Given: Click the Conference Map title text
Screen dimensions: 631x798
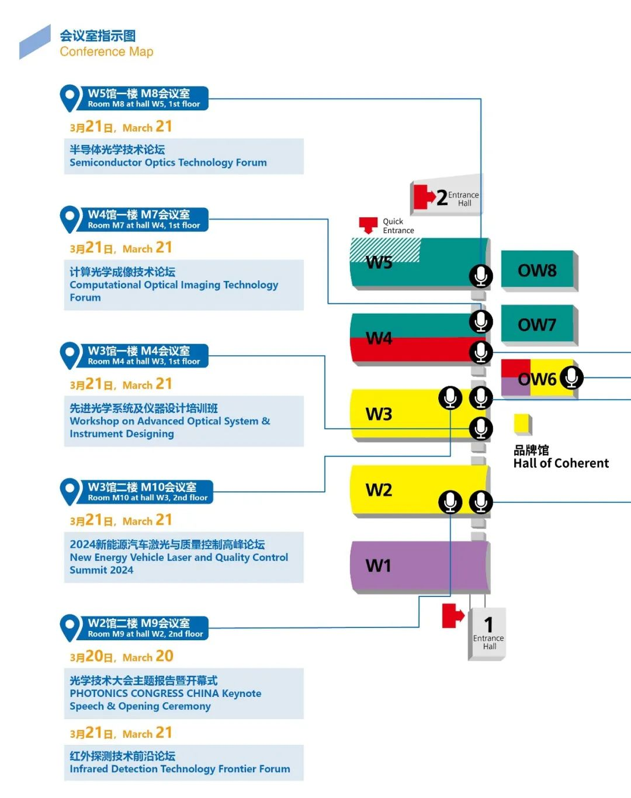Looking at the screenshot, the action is tap(106, 51).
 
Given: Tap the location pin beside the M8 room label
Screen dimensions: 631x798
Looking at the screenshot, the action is tap(70, 98).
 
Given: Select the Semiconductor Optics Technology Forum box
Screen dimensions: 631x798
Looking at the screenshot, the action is tap(184, 156).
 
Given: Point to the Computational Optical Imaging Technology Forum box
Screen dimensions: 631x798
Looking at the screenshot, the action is tap(184, 284).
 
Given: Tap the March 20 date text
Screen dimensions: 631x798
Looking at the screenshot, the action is tap(122, 657).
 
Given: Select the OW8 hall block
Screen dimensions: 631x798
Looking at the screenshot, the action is tap(539, 270).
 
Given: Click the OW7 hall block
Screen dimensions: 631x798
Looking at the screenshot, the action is tap(539, 325).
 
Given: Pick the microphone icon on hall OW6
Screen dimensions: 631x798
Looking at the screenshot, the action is tap(571, 377).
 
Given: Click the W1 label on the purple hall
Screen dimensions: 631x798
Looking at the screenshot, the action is tap(379, 565).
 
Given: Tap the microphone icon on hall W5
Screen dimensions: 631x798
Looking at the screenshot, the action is tap(481, 276).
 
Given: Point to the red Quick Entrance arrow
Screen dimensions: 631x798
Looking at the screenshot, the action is tap(368, 225).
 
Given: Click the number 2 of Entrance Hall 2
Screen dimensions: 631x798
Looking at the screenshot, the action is tap(442, 197).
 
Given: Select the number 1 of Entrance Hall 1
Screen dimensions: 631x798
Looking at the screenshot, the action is tap(488, 624).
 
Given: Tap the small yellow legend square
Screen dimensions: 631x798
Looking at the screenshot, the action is tap(523, 424).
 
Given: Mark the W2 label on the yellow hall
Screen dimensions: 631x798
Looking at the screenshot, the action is tap(379, 490).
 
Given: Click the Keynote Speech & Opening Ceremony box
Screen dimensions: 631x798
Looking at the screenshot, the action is tap(184, 693).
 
